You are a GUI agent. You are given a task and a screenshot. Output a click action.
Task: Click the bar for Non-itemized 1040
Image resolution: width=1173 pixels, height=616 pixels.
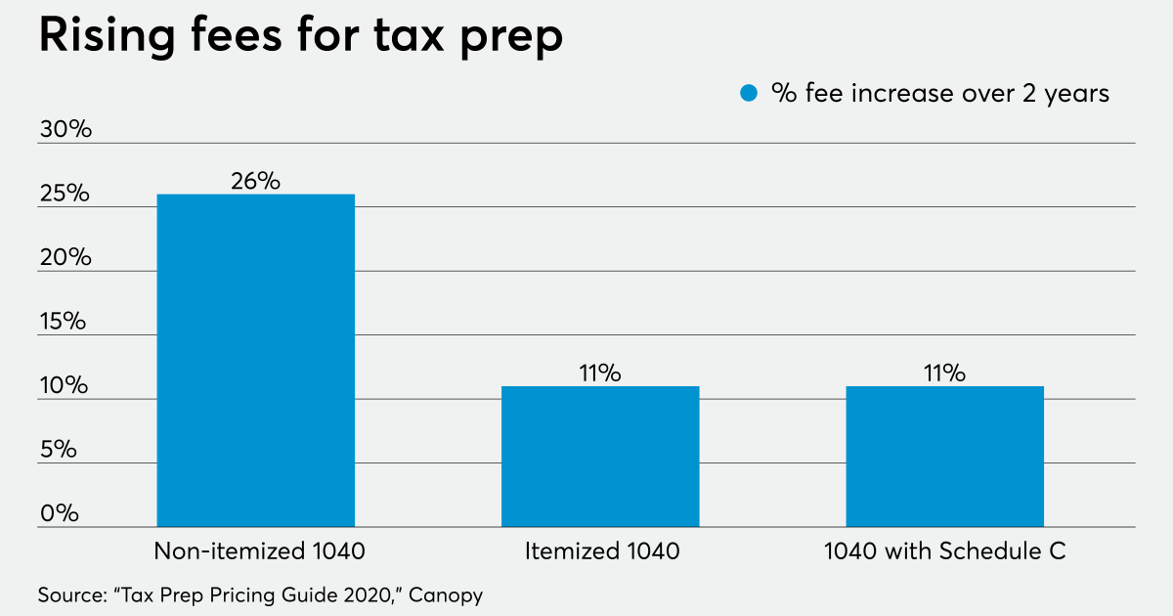256,360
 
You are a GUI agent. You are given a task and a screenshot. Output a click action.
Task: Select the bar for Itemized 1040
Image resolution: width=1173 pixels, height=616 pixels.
600,457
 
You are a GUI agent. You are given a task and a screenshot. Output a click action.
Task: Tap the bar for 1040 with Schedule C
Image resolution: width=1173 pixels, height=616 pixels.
944,457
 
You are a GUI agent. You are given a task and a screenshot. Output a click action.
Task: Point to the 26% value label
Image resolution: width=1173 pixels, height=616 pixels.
256,181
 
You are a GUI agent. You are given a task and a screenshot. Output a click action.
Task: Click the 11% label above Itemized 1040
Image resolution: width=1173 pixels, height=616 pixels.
600,374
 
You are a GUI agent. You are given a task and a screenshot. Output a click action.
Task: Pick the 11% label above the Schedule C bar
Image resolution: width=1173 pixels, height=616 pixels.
944,374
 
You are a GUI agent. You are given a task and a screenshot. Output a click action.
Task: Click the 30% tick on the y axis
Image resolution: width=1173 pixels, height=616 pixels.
65,130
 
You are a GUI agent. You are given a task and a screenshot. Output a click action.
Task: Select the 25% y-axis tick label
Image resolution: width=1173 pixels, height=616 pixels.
65,195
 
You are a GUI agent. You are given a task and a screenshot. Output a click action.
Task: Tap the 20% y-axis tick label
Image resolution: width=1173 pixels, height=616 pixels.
65,258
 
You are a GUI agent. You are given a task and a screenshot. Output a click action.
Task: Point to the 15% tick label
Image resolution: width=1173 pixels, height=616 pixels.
65,323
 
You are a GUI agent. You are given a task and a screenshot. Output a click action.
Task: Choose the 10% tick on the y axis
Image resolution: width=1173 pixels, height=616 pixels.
65,386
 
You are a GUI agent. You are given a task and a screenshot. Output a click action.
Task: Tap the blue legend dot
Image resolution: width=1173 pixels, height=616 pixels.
750,94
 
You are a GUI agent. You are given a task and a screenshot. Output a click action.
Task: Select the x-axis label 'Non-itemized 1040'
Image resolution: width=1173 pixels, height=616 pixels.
259,551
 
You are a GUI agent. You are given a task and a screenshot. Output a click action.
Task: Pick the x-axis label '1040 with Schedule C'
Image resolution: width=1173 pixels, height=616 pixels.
944,551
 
